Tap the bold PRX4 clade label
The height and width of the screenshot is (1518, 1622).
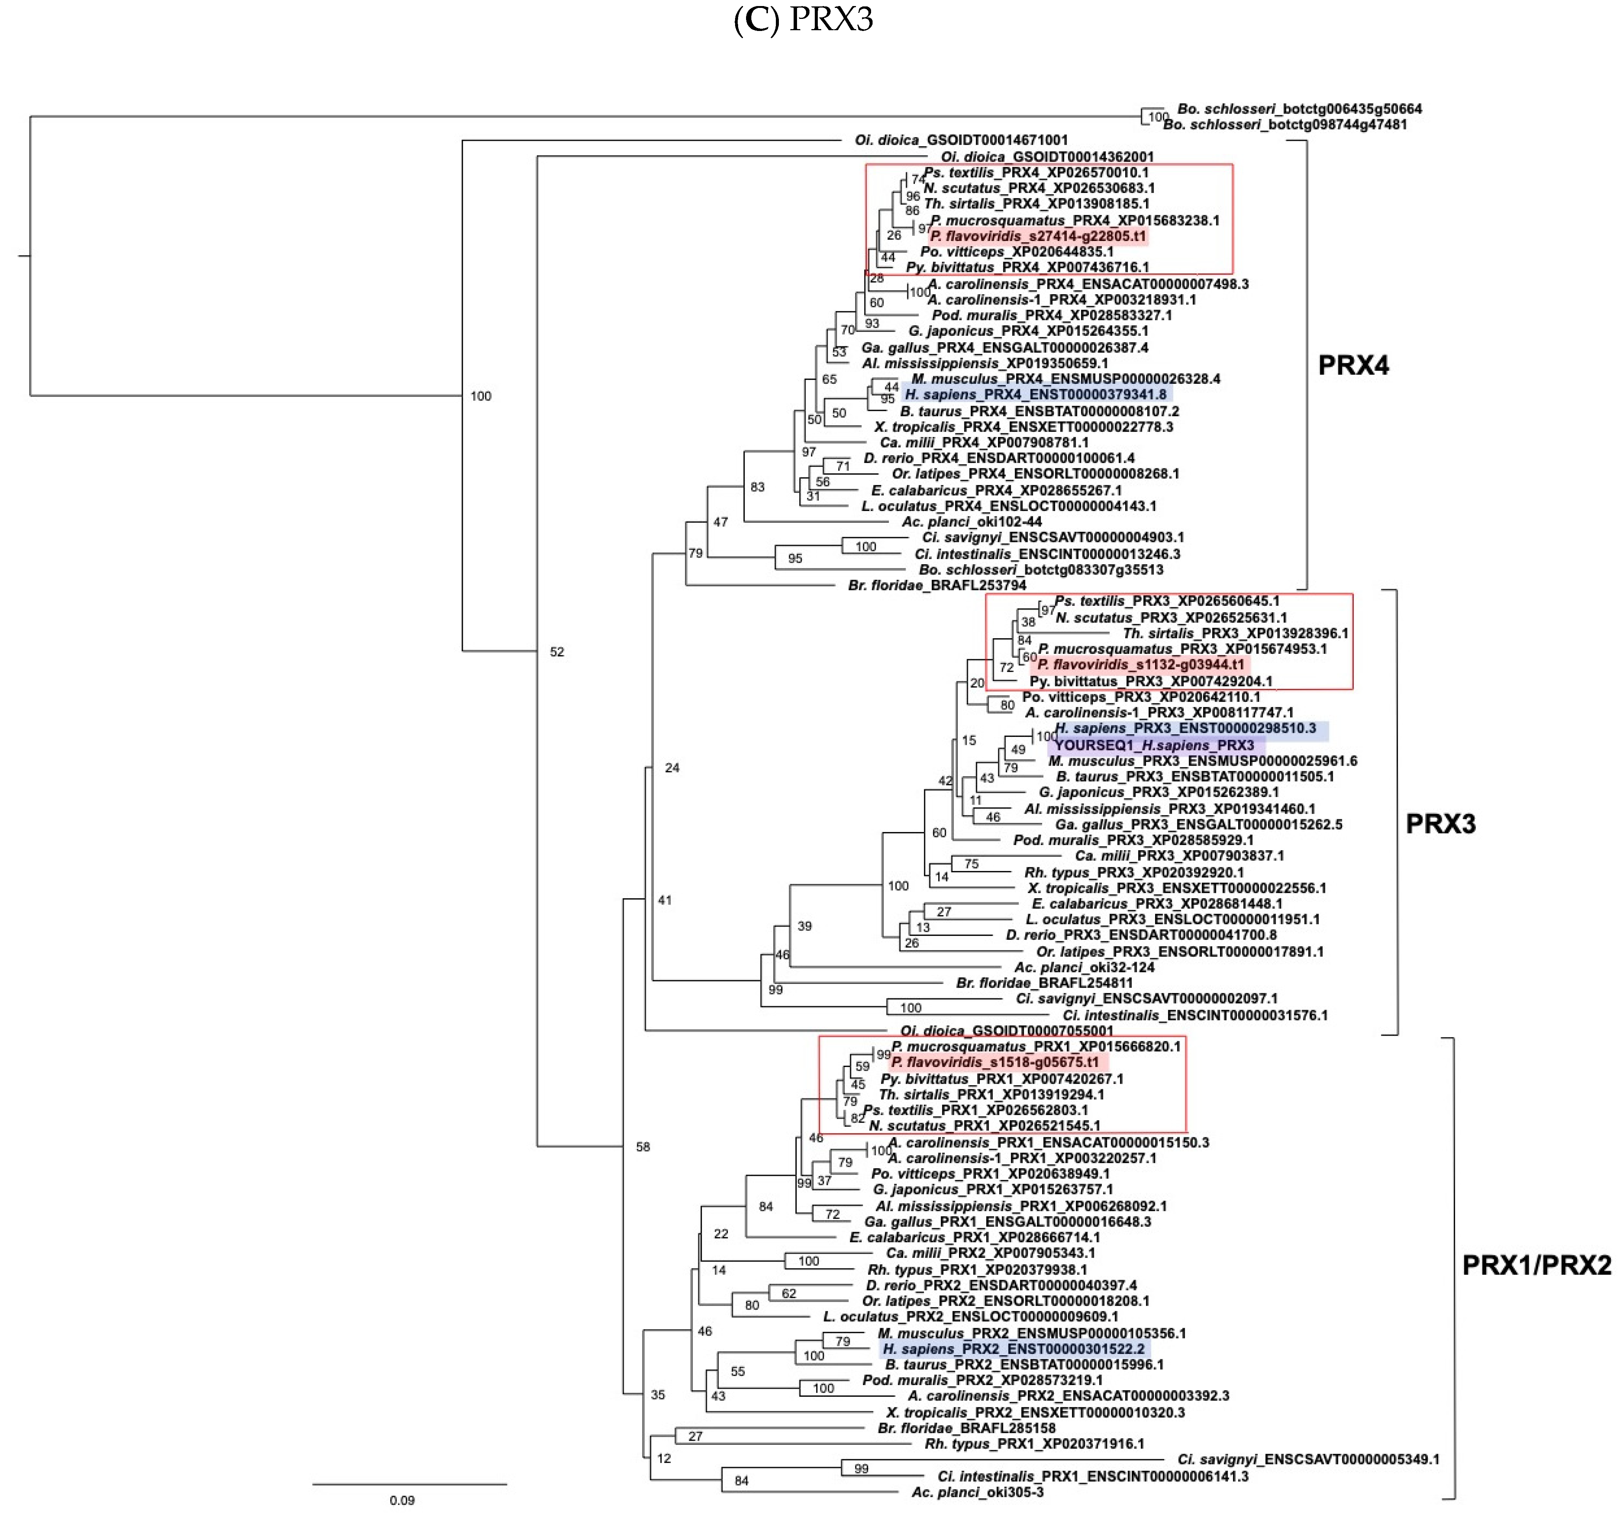pos(1353,365)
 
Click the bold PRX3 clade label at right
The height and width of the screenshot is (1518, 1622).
pos(1440,824)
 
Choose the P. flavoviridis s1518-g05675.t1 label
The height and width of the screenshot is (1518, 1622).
pos(995,1062)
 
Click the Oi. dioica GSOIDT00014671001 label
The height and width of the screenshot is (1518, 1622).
pos(961,140)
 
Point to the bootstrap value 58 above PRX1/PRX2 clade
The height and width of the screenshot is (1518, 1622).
pos(643,1147)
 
